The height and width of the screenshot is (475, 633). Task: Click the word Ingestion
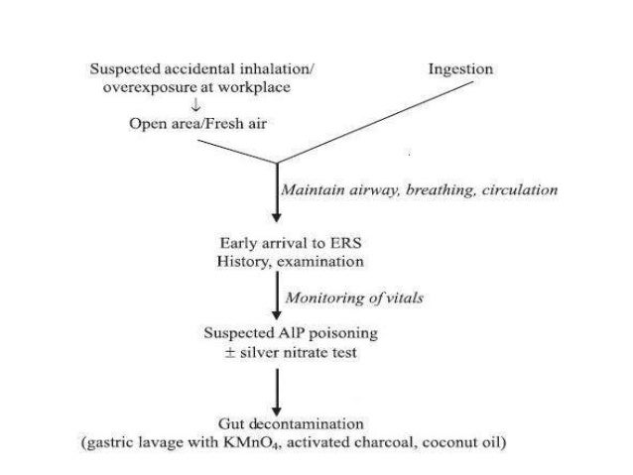460,69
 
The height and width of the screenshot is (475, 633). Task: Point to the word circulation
516,188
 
